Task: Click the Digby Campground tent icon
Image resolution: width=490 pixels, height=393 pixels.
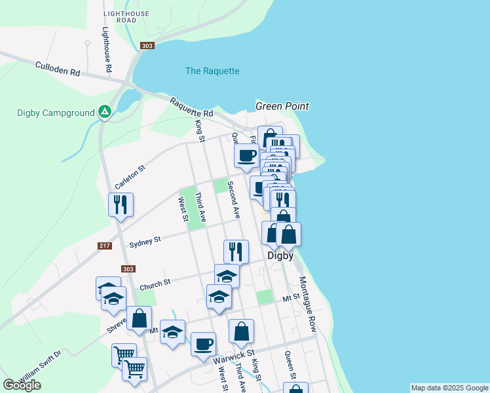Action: pos(104,113)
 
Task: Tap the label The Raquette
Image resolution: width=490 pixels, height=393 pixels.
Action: pos(212,71)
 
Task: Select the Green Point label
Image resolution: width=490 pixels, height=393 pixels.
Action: pos(282,106)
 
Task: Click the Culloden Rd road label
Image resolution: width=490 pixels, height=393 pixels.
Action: pos(57,68)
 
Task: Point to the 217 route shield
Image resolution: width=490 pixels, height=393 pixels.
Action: pos(104,246)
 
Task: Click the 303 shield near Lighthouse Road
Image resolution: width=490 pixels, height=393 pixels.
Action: pos(147,45)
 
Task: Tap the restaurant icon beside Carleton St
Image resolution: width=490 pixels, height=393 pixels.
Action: pos(121,204)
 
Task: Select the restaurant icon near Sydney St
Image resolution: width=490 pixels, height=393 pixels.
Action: pos(236,251)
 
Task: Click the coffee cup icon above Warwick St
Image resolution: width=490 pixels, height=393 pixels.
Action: pos(203,343)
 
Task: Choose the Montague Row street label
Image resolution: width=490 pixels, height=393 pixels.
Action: pos(308,304)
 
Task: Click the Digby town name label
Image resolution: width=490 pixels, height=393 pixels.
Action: pos(280,255)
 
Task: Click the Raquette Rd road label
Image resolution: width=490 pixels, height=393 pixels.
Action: pos(191,108)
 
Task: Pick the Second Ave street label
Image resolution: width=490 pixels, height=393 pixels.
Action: pos(233,199)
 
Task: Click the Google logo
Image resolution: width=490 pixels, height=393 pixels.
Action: pos(22,385)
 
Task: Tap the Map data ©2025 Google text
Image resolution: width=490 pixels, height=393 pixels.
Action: pos(449,388)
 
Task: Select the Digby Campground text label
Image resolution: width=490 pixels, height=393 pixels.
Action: pos(56,113)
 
